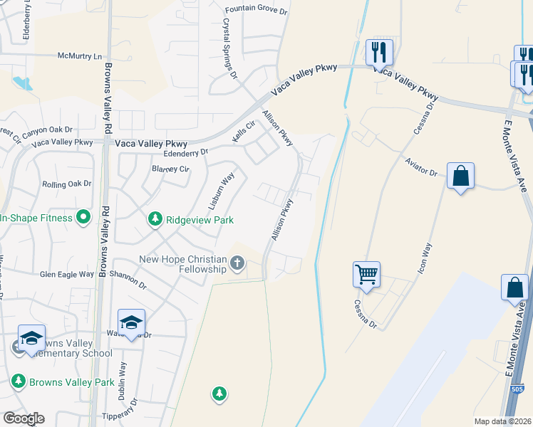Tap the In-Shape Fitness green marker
pyautogui.click(x=83, y=217)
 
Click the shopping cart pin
pyautogui.click(x=366, y=274)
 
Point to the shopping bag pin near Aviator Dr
pyautogui.click(x=461, y=175)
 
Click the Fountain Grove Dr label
pyautogui.click(x=255, y=10)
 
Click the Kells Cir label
pyautogui.click(x=244, y=130)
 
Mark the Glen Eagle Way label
pyautogui.click(x=67, y=274)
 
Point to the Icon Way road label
pyautogui.click(x=427, y=259)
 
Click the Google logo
pyautogui.click(x=23, y=418)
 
